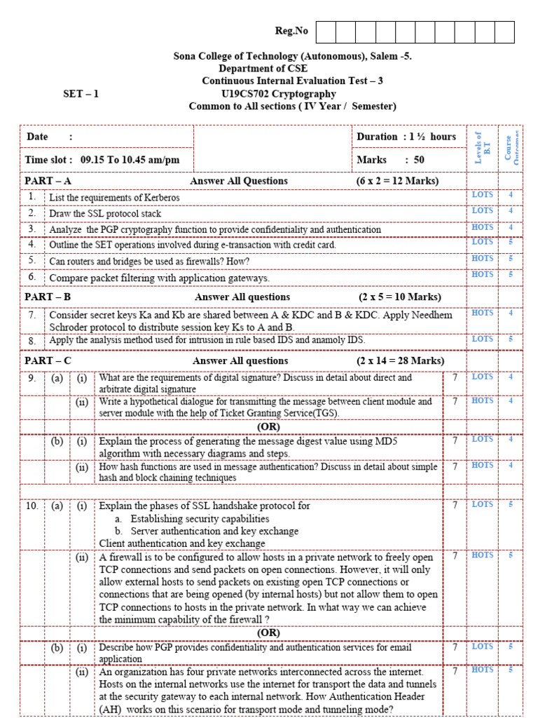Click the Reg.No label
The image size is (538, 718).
pyautogui.click(x=291, y=31)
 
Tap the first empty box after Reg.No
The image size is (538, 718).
pyautogui.click(x=326, y=32)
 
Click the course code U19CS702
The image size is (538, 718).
pyautogui.click(x=244, y=94)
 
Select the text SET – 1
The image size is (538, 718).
pyautogui.click(x=81, y=94)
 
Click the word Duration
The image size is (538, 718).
pyautogui.click(x=378, y=137)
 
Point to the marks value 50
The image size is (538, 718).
pyautogui.click(x=418, y=160)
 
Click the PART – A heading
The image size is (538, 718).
pyautogui.click(x=48, y=181)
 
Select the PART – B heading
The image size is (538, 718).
pyautogui.click(x=48, y=297)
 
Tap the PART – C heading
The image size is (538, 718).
pyautogui.click(x=48, y=361)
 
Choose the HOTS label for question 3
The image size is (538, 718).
pyautogui.click(x=482, y=227)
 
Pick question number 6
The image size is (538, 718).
pyautogui.click(x=32, y=277)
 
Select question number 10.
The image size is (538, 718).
pyautogui.click(x=32, y=506)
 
